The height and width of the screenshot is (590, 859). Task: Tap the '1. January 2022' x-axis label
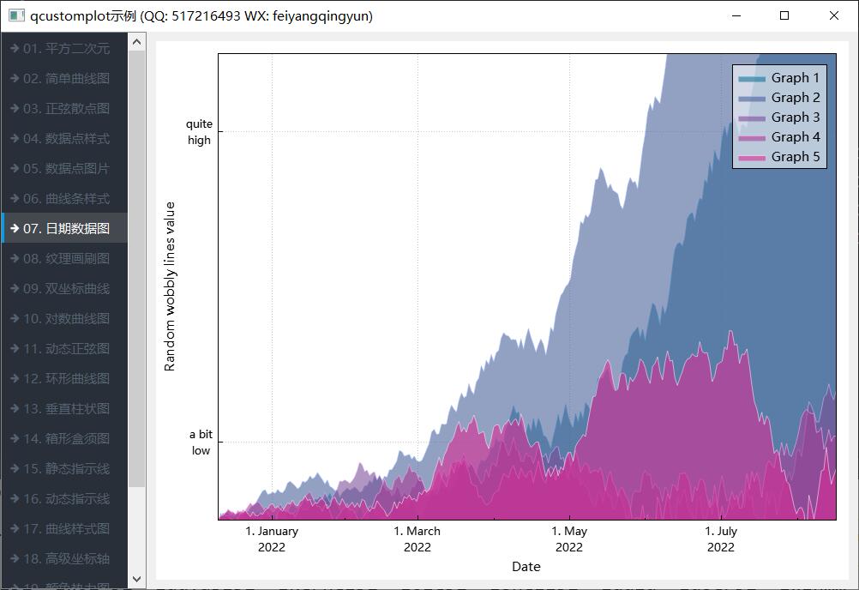click(272, 539)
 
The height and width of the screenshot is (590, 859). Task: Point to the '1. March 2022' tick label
click(417, 539)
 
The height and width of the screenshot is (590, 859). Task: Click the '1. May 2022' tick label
click(569, 539)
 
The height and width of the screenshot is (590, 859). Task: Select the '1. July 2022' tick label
click(721, 539)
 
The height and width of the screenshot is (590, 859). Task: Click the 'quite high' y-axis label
click(199, 132)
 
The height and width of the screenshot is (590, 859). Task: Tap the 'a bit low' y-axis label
click(201, 442)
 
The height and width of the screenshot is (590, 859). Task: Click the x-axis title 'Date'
click(526, 566)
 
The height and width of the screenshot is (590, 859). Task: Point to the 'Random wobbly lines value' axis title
click(170, 286)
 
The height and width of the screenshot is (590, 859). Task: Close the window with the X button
click(834, 15)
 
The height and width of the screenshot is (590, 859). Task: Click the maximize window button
click(784, 15)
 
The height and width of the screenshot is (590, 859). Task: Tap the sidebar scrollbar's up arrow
click(136, 41)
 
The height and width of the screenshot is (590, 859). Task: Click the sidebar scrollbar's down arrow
click(136, 580)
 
